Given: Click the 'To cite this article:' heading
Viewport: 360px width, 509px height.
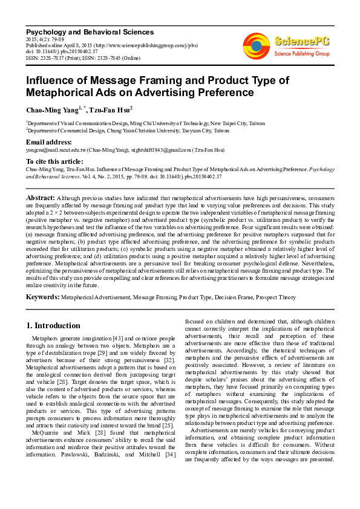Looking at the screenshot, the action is pos(54,161).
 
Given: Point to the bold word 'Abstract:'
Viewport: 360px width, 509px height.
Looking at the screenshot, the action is pos(41,198).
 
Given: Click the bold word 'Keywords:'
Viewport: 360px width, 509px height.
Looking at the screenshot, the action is pos(42,297).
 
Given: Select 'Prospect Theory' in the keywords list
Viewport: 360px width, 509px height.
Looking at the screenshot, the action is pos(275,298).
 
